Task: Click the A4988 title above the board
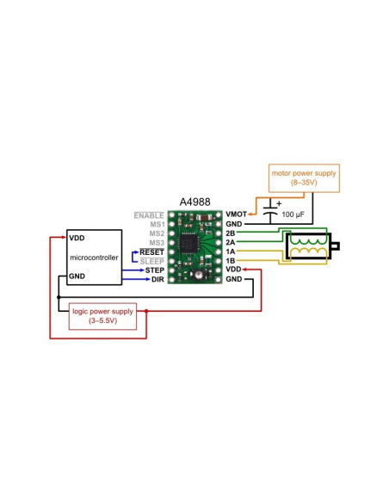coord(194,202)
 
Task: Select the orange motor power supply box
coord(304,177)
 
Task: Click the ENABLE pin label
coord(149,214)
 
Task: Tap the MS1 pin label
coord(156,224)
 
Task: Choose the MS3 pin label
coord(156,243)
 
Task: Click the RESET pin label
coord(151,252)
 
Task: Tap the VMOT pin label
coord(237,214)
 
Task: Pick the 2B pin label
coord(231,233)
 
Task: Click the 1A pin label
coord(231,252)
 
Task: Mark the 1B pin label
coord(231,261)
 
